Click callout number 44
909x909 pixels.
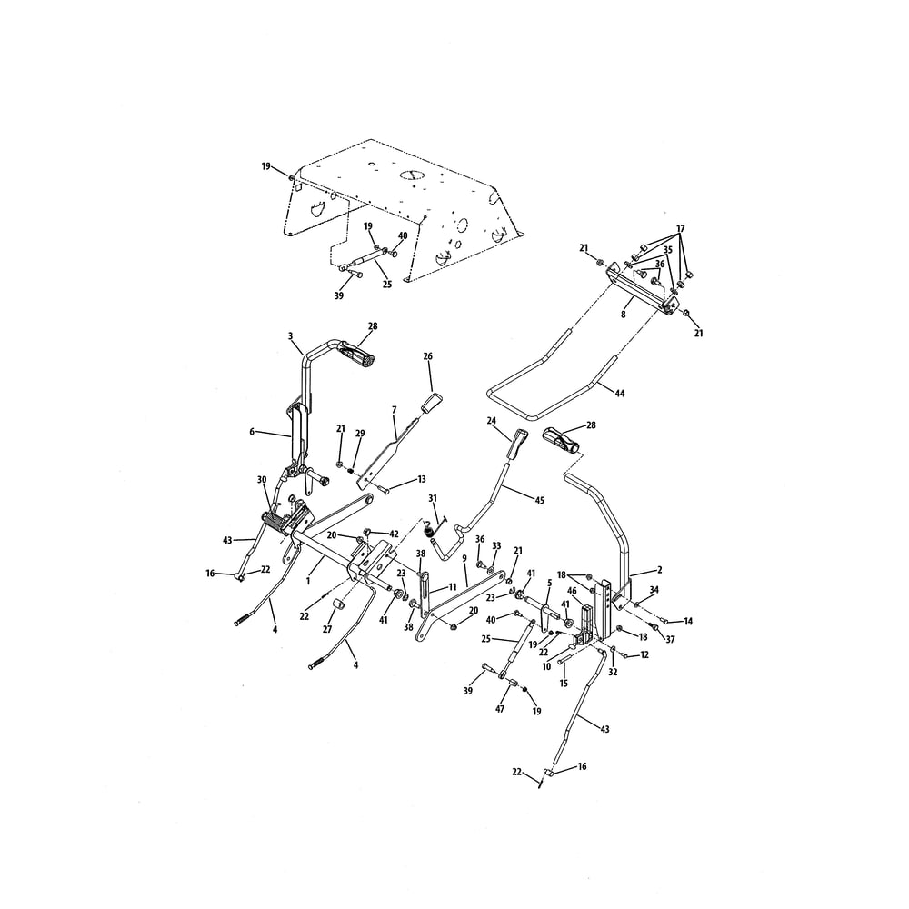pos(620,393)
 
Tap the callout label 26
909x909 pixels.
pos(428,356)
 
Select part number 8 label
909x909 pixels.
pos(624,315)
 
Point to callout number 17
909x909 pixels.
pos(681,228)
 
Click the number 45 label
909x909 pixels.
pos(539,500)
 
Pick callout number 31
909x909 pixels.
pos(433,498)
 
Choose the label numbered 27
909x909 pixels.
pos(327,629)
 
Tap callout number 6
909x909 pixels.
pos(252,431)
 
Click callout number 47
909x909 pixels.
pos(500,708)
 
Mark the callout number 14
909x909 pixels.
pos(688,621)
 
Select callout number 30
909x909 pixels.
pos(262,479)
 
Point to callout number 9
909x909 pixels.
pos(464,558)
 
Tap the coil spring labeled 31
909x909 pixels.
pos(428,528)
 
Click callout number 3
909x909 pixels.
pos(291,335)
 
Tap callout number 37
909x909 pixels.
pos(670,640)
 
